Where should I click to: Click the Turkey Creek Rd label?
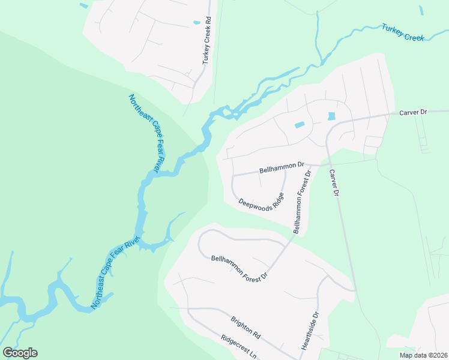[207, 40]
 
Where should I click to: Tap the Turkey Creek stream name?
[403, 32]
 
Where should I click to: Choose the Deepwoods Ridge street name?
[261, 202]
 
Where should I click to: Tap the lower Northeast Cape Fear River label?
[114, 273]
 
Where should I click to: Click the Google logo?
[20, 353]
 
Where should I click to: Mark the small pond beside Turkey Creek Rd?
[197, 23]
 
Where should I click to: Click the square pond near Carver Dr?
[331, 116]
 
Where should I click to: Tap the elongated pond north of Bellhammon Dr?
[300, 125]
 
